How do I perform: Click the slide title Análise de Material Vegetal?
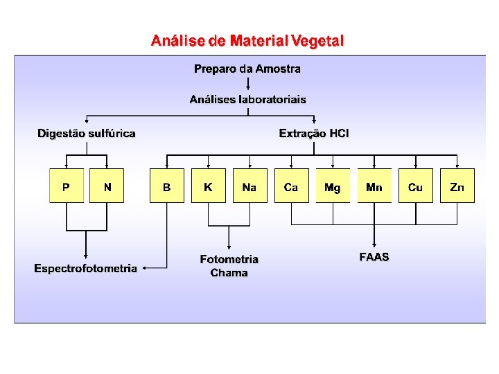pyautogui.click(x=247, y=41)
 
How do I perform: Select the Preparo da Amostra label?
pyautogui.click(x=247, y=69)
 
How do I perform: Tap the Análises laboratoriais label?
pyautogui.click(x=247, y=99)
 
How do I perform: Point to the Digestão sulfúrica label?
pyautogui.click(x=87, y=133)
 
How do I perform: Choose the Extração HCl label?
pyautogui.click(x=314, y=133)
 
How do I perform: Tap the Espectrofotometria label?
pyautogui.click(x=86, y=268)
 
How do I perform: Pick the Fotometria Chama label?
pyautogui.click(x=229, y=266)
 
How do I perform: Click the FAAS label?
pyautogui.click(x=374, y=257)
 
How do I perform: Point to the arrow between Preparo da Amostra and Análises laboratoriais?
pyautogui.click(x=247, y=84)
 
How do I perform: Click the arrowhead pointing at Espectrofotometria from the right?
pyautogui.click(x=144, y=267)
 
